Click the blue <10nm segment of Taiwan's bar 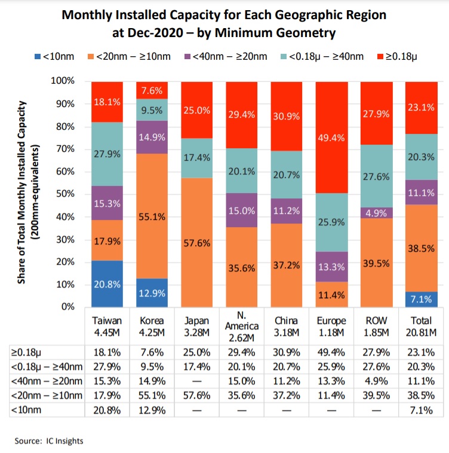tap(106, 283)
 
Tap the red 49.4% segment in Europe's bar tap(331, 137)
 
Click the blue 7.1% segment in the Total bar tap(421, 299)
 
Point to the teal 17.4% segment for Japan tap(196, 158)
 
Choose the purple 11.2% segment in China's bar tap(286, 211)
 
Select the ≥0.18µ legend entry tap(398, 57)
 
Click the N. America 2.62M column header tap(241, 326)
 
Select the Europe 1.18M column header tap(331, 326)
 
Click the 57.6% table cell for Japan tap(196, 395)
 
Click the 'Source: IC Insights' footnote tap(49, 441)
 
